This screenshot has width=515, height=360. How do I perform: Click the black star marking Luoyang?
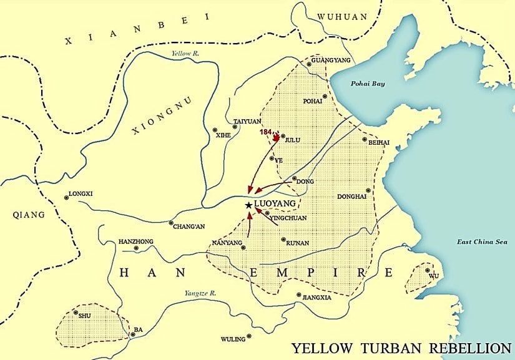[x=248, y=205]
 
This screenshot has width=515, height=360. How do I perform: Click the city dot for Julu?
[x=283, y=136]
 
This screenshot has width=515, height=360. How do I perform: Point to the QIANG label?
[x=29, y=215]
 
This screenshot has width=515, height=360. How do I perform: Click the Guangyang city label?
[x=331, y=61]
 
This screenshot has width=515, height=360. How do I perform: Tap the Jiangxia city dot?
[x=298, y=295]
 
